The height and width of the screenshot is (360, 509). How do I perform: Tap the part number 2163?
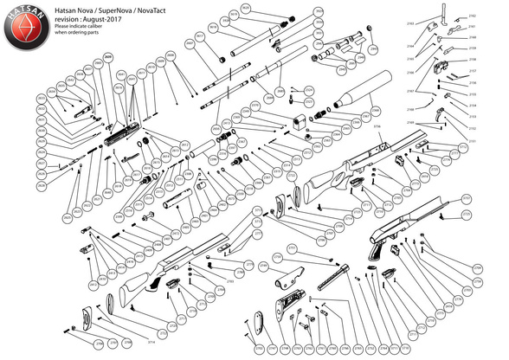click(x=434, y=22)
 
